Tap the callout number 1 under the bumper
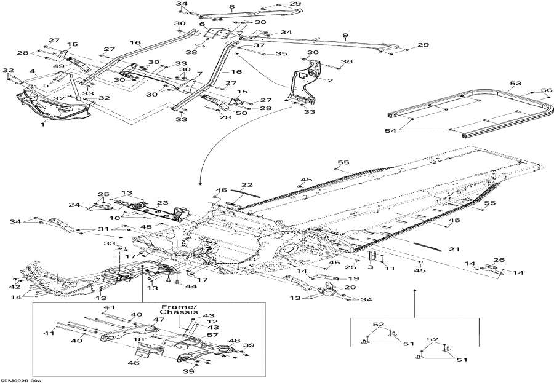pyautogui.click(x=42, y=124)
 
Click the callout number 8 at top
pyautogui.click(x=232, y=7)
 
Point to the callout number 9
pyautogui.click(x=345, y=36)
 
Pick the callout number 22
pyautogui.click(x=246, y=185)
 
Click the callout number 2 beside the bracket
pyautogui.click(x=330, y=81)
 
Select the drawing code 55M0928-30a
pyautogui.click(x=21, y=380)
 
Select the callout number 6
pyautogui.click(x=202, y=24)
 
